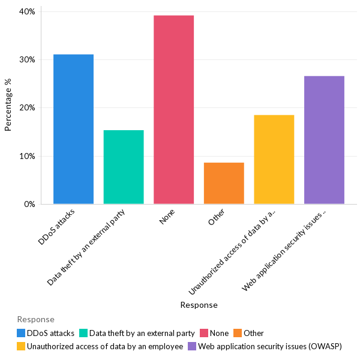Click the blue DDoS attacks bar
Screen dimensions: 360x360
click(73, 129)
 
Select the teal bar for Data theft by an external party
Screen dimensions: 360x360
click(124, 167)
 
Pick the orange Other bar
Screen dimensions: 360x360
click(224, 183)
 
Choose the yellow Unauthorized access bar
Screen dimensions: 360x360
click(274, 160)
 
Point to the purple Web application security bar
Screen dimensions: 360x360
click(324, 140)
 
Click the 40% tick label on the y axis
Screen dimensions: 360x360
click(27, 11)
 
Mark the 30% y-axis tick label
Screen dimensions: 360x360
click(27, 60)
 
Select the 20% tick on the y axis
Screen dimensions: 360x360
click(27, 108)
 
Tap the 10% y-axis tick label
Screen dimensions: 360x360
click(27, 156)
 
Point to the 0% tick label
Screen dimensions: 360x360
click(29, 204)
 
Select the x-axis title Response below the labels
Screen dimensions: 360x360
click(199, 305)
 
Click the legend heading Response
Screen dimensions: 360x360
click(35, 319)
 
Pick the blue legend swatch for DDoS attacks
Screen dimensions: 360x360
click(22, 333)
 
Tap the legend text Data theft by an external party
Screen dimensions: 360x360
click(142, 333)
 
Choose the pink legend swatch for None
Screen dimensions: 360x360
click(204, 333)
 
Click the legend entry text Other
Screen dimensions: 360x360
click(253, 333)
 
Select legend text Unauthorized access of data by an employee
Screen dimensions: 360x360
click(104, 346)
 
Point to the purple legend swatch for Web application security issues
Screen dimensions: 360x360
click(192, 346)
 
